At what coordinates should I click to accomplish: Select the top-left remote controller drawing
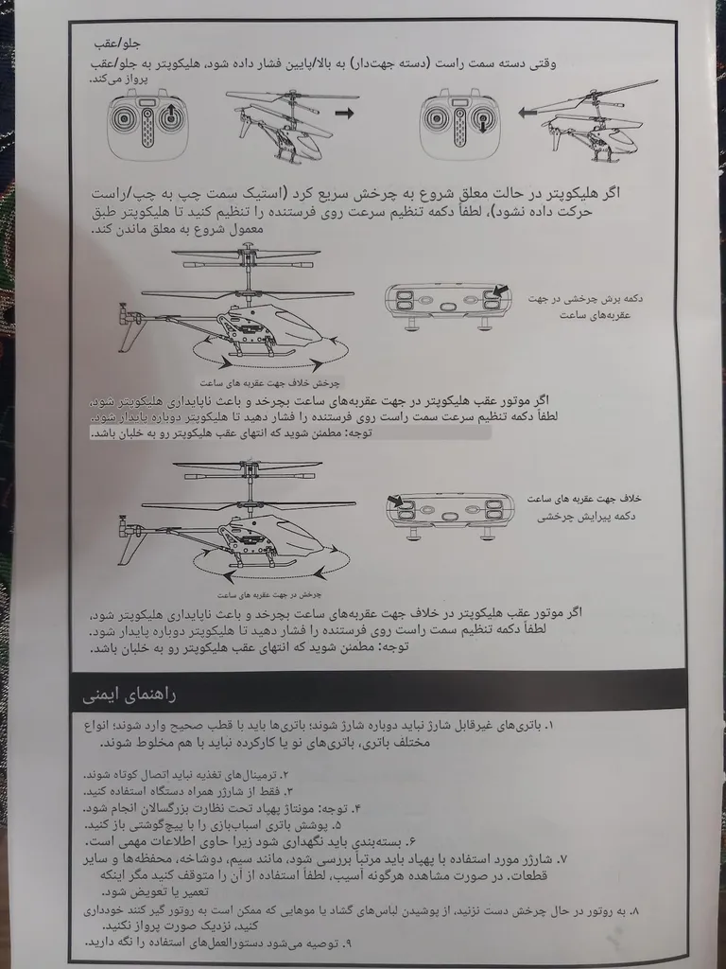point(147,123)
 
